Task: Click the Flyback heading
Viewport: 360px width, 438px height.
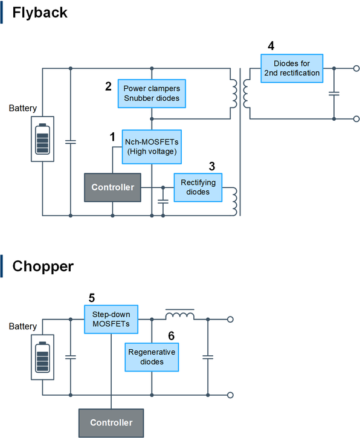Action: pyautogui.click(x=40, y=13)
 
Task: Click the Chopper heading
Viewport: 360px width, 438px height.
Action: pyautogui.click(x=43, y=266)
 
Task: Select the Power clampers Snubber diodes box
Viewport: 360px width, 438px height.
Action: pyautogui.click(x=152, y=94)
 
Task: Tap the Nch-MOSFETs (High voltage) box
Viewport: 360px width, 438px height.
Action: pyautogui.click(x=152, y=147)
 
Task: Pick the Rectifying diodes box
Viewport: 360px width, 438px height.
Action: pyautogui.click(x=198, y=187)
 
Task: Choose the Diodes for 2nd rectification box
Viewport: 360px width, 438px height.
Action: pyautogui.click(x=292, y=68)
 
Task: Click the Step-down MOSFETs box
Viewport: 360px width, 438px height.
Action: pyautogui.click(x=111, y=319)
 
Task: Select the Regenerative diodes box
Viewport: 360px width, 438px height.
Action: pyautogui.click(x=152, y=357)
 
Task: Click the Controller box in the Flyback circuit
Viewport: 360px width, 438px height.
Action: pyautogui.click(x=112, y=187)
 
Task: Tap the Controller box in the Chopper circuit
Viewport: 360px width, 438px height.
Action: pyautogui.click(x=111, y=423)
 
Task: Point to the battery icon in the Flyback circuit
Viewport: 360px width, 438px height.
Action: pyautogui.click(x=42, y=139)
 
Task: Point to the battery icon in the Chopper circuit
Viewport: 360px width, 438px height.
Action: pyautogui.click(x=42, y=357)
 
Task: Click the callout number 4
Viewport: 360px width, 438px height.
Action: pyautogui.click(x=271, y=46)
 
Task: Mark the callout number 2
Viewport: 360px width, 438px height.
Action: pyautogui.click(x=108, y=86)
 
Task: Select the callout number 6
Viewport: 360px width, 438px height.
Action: pyautogui.click(x=171, y=336)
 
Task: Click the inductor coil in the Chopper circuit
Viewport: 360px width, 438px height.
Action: pyautogui.click(x=180, y=315)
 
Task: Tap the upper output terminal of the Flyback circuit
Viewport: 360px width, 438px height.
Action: pyautogui.click(x=356, y=68)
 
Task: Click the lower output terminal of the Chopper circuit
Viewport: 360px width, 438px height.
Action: pyautogui.click(x=230, y=395)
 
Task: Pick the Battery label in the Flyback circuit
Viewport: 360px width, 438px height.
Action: pyautogui.click(x=22, y=108)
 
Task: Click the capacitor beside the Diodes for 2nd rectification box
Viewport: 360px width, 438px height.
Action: pyautogui.click(x=334, y=94)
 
